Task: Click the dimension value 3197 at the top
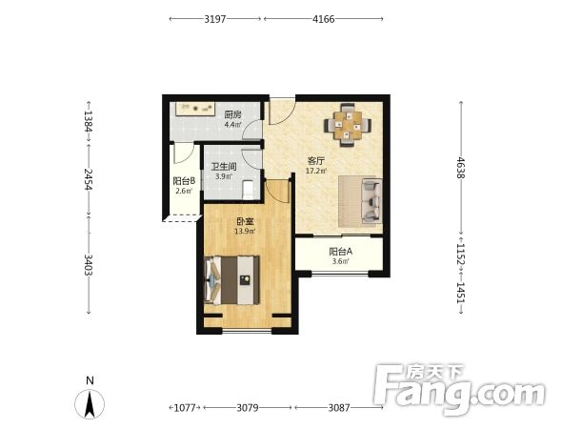pyautogui.click(x=215, y=19)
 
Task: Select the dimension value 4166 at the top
pyautogui.click(x=324, y=19)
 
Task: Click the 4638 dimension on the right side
pyautogui.click(x=461, y=168)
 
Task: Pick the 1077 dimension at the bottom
pyautogui.click(x=185, y=407)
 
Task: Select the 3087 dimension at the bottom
pyautogui.click(x=339, y=407)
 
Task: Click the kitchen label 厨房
pyautogui.click(x=232, y=114)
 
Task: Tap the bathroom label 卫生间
pyautogui.click(x=224, y=167)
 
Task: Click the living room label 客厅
pyautogui.click(x=315, y=161)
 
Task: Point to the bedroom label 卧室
pyautogui.click(x=245, y=222)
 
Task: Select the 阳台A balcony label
pyautogui.click(x=340, y=252)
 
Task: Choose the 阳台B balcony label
pyautogui.click(x=184, y=181)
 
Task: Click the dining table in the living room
pyautogui.click(x=348, y=125)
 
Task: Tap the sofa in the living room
pyautogui.click(x=371, y=201)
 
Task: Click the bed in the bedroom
pyautogui.click(x=231, y=280)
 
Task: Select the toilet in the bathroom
pyautogui.click(x=248, y=190)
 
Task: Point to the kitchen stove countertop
pyautogui.click(x=195, y=109)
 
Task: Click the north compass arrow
pyautogui.click(x=90, y=403)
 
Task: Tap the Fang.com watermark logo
pyautogui.click(x=459, y=390)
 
